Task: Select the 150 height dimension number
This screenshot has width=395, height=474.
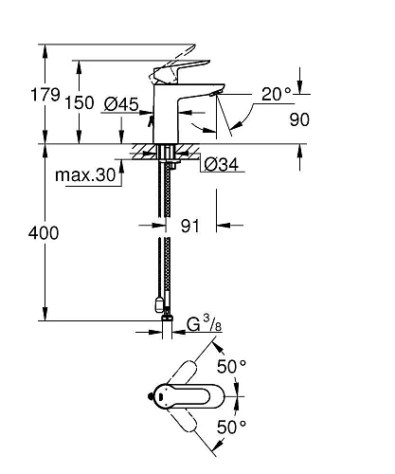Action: tap(81, 101)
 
